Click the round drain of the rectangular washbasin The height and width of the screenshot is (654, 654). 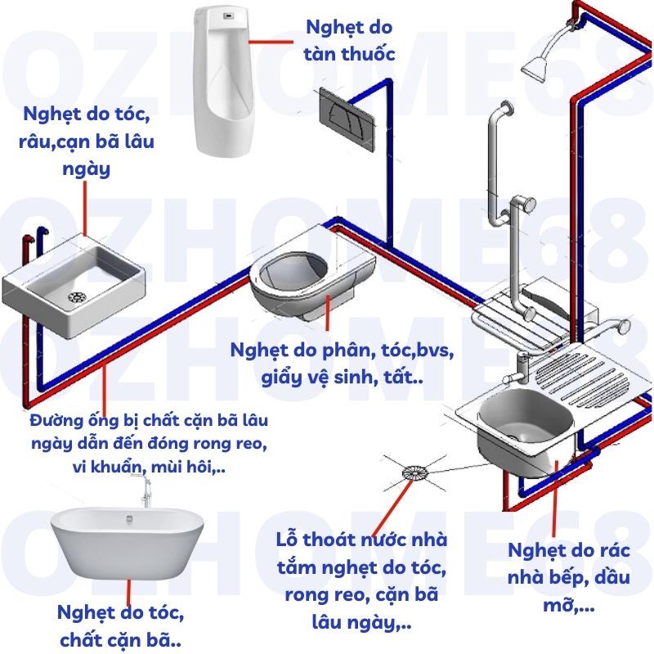[75, 293]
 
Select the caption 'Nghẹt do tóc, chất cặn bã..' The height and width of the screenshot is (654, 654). [121, 625]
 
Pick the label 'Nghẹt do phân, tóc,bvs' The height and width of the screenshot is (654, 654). [341, 352]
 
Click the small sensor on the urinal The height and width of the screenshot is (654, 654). [226, 14]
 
